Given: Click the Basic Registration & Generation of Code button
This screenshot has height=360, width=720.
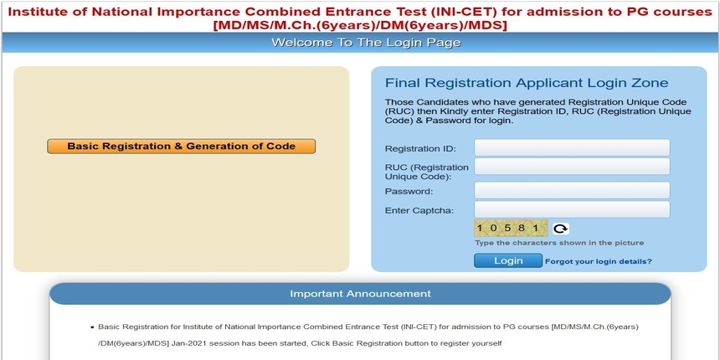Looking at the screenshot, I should coord(181,146).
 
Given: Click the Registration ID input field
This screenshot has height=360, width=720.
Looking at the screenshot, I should coord(572,148).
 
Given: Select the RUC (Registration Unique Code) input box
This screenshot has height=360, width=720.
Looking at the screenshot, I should coord(572,167).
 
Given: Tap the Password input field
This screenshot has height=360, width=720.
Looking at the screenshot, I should coord(572,191).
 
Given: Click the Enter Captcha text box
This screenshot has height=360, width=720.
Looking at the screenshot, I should coord(572,209).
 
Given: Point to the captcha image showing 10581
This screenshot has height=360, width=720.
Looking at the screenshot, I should coord(511,228).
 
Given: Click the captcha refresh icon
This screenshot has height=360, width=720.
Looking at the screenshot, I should coord(560,229).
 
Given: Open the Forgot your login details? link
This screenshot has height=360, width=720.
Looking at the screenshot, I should coord(598,261).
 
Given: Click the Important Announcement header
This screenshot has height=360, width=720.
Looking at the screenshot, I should coord(360,294).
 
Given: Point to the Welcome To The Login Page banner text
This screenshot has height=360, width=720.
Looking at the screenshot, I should coord(360,43).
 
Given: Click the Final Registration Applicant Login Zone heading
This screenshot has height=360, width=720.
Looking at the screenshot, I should coord(526,83).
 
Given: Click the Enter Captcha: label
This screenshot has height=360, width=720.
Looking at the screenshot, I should coord(419,210).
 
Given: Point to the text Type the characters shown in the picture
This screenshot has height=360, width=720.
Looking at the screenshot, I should coord(559,243).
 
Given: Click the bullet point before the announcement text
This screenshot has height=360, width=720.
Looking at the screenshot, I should coord(91,327).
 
